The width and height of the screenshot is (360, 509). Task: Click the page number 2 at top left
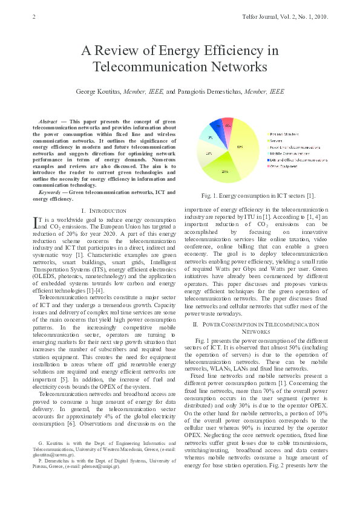click(33, 16)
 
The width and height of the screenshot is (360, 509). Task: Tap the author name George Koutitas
click(98, 91)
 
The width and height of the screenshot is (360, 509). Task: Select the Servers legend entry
click(278, 140)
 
